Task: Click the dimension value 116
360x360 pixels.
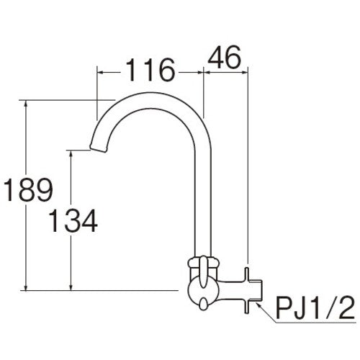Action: click(x=150, y=71)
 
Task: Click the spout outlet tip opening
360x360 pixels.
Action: click(x=94, y=150)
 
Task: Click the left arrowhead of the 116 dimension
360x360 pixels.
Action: click(x=100, y=72)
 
